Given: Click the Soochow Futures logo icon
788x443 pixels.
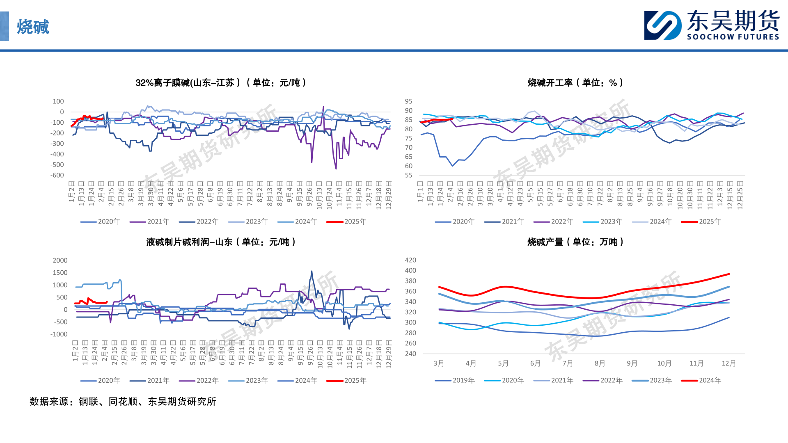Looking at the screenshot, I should pyautogui.click(x=662, y=25).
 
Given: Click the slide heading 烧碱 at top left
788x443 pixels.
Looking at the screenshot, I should pyautogui.click(x=33, y=27).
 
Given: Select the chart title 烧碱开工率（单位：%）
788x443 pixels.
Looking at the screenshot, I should pyautogui.click(x=575, y=83).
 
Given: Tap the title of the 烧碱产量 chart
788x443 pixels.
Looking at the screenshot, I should pyautogui.click(x=575, y=242).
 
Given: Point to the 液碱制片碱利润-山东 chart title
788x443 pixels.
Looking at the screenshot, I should pyautogui.click(x=221, y=242).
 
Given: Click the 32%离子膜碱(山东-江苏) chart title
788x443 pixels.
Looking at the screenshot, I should pyautogui.click(x=221, y=83).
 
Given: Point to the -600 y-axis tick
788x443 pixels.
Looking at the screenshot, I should pyautogui.click(x=57, y=175).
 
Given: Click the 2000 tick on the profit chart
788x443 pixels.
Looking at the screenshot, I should pyautogui.click(x=60, y=260).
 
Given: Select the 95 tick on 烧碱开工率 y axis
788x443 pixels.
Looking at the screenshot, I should pyautogui.click(x=408, y=101).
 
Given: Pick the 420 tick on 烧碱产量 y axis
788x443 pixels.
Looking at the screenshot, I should pyautogui.click(x=410, y=260).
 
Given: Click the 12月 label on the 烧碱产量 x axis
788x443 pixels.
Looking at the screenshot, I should pyautogui.click(x=728, y=363).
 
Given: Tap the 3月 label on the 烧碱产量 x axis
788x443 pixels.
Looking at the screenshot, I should pyautogui.click(x=439, y=363).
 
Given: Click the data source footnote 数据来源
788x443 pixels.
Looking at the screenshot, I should pyautogui.click(x=123, y=401).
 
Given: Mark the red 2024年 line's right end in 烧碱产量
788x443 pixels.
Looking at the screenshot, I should pyautogui.click(x=729, y=274).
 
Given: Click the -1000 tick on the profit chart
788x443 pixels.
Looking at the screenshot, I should pyautogui.click(x=59, y=334).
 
